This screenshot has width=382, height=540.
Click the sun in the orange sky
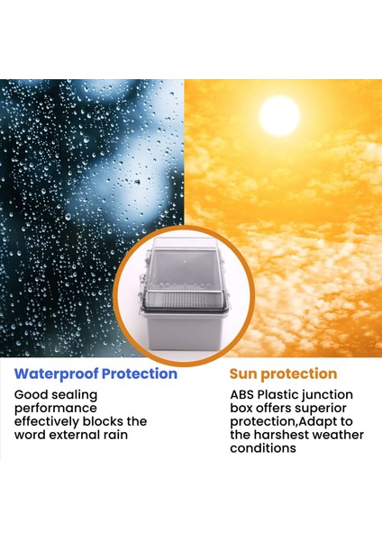(x=279, y=116)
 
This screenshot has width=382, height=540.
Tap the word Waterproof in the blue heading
(x=57, y=374)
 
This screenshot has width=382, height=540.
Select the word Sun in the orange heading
(x=243, y=374)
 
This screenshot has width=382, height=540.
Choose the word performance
(x=56, y=409)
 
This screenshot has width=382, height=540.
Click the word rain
(x=115, y=435)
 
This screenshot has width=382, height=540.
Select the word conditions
(x=263, y=448)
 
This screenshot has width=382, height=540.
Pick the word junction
(x=328, y=396)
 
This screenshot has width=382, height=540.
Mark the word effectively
(x=47, y=422)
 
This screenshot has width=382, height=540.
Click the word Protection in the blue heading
(x=140, y=373)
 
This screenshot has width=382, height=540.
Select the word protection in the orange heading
(x=299, y=374)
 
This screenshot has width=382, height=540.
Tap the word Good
(x=31, y=395)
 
